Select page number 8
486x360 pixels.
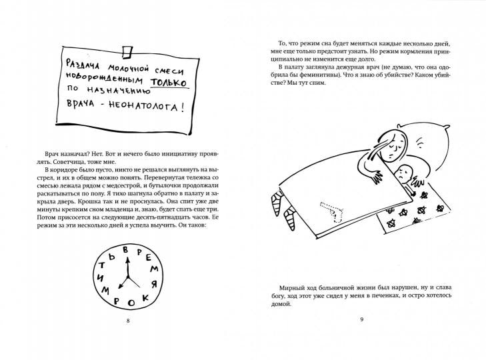127,322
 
